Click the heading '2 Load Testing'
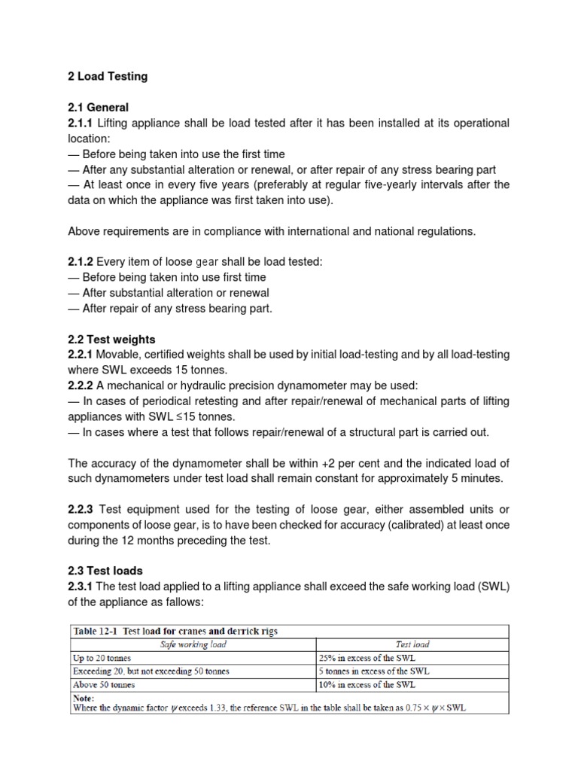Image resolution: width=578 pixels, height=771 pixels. tap(108, 76)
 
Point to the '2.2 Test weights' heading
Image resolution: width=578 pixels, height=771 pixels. tap(112, 340)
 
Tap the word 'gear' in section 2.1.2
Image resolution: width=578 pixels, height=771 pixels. tap(207, 261)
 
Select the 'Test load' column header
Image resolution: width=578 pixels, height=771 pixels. tap(412, 645)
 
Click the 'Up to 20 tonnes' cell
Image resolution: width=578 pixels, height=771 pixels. tap(102, 658)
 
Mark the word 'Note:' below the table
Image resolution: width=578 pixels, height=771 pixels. tap(84, 698)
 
